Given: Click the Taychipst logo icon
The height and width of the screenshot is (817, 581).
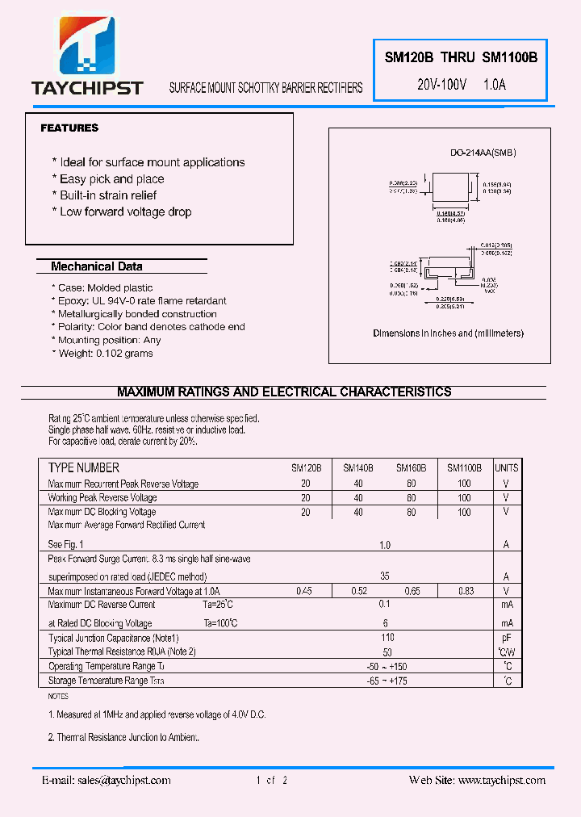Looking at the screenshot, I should pyautogui.click(x=88, y=48).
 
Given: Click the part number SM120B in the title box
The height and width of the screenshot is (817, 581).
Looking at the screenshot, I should pyautogui.click(x=409, y=57).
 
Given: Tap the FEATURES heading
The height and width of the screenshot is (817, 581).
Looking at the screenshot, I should pyautogui.click(x=69, y=128).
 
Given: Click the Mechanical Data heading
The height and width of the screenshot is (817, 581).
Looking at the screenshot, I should pyautogui.click(x=96, y=266).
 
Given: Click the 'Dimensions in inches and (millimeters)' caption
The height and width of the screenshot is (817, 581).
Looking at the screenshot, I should pyautogui.click(x=448, y=333).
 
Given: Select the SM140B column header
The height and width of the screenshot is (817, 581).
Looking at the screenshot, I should pyautogui.click(x=358, y=468).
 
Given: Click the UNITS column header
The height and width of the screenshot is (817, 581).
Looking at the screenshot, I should pyautogui.click(x=506, y=468).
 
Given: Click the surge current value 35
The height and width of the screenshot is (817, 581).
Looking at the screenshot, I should pyautogui.click(x=385, y=577).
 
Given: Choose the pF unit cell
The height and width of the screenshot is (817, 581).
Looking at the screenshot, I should pyautogui.click(x=506, y=638).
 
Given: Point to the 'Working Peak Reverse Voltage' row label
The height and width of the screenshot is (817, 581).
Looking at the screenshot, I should pyautogui.click(x=102, y=498).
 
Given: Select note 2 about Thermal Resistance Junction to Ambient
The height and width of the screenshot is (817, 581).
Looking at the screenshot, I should pyautogui.click(x=123, y=738).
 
